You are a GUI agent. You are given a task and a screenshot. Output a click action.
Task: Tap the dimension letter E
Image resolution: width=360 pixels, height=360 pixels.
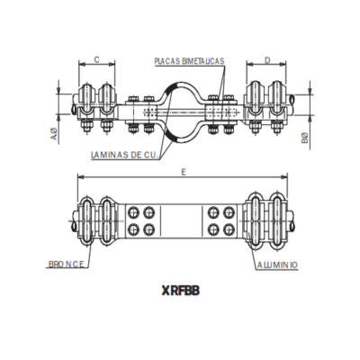pyautogui.click(x=183, y=172)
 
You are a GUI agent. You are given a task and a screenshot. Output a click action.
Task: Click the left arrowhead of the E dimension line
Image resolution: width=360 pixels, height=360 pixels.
pyautogui.click(x=81, y=178)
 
